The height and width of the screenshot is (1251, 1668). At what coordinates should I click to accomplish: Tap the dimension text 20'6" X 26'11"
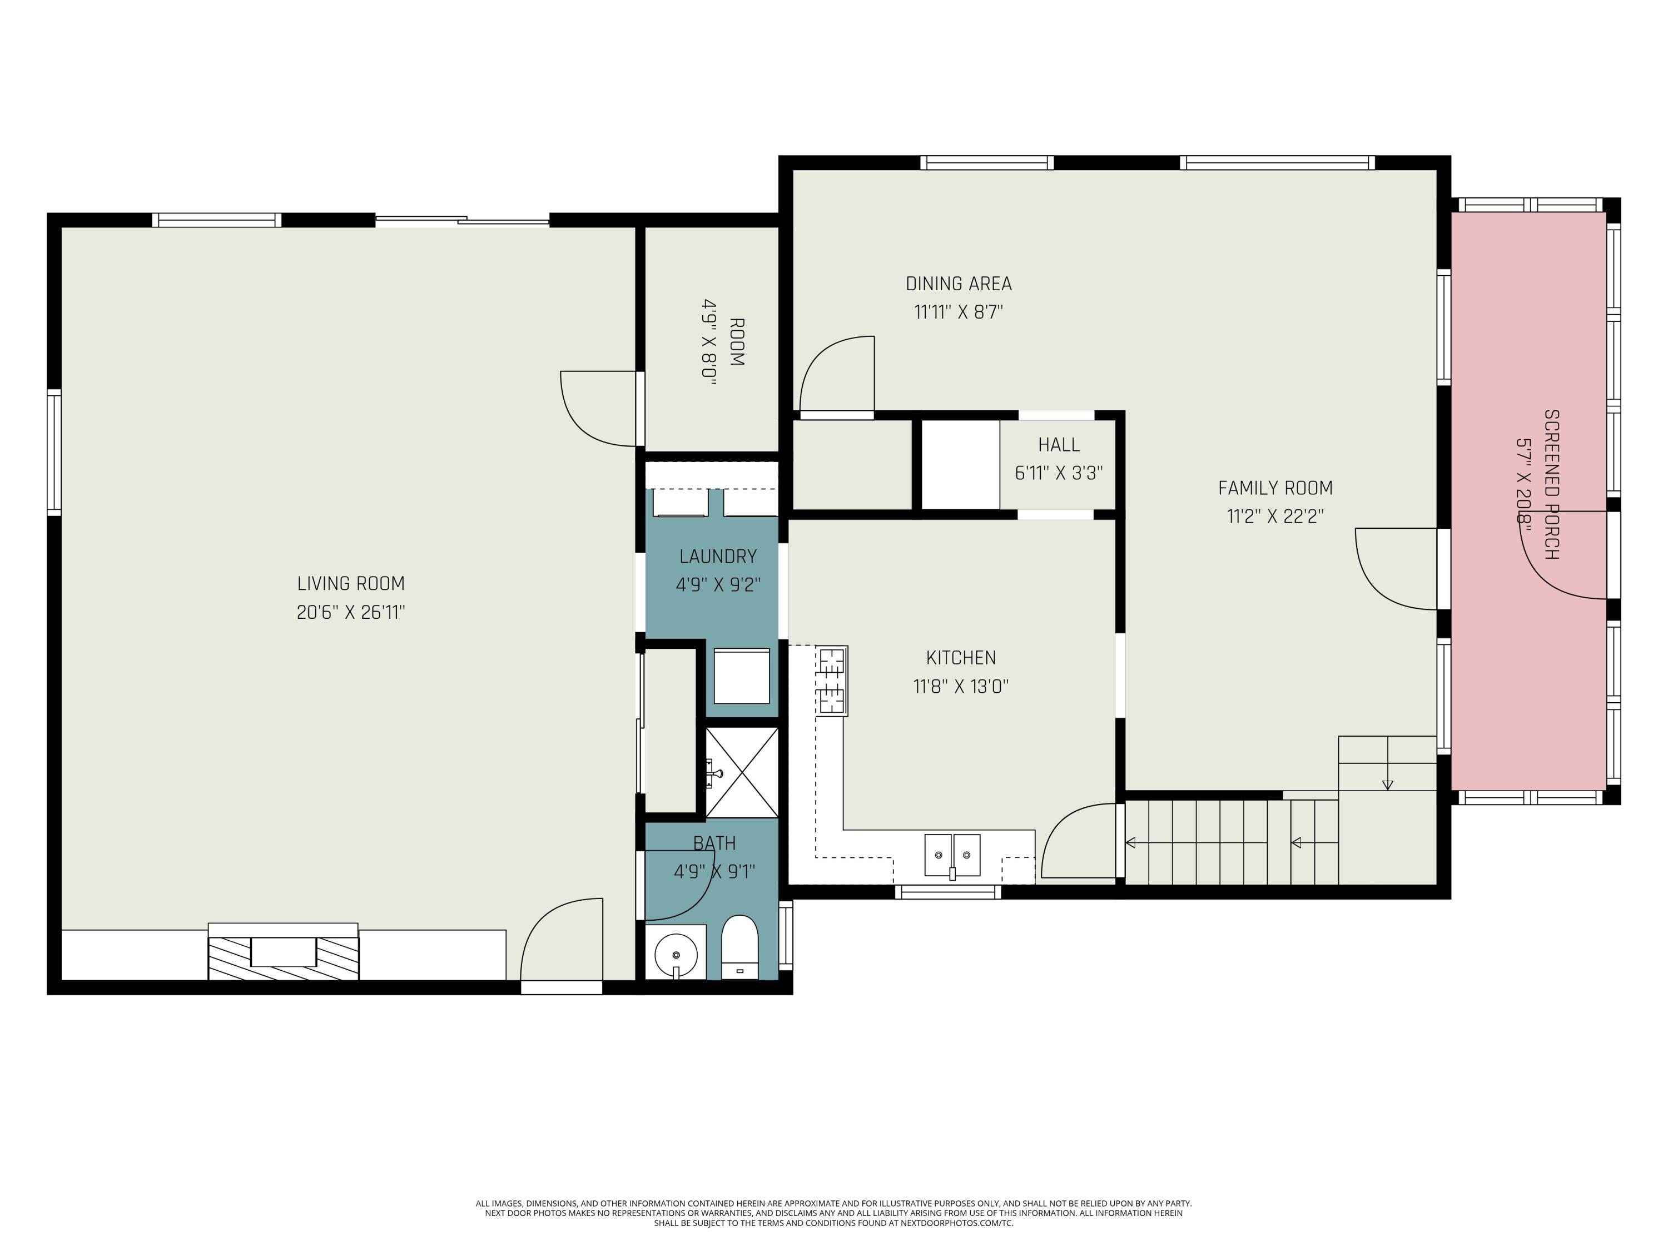(351, 612)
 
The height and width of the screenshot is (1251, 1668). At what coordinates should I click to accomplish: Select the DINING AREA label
(959, 284)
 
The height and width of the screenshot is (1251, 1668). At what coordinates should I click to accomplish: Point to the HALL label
(1059, 445)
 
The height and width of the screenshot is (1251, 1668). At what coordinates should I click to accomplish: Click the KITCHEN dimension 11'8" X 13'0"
(961, 686)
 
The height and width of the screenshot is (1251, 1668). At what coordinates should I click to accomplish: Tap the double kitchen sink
(952, 855)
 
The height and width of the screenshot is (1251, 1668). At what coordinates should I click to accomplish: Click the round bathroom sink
(676, 952)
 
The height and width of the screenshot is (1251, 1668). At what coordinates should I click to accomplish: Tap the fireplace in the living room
(283, 952)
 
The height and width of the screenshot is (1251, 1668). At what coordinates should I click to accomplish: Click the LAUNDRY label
(718, 557)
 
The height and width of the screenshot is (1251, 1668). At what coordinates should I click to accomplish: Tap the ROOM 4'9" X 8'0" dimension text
(709, 342)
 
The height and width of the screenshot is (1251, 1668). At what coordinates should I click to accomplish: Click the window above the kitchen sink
(948, 892)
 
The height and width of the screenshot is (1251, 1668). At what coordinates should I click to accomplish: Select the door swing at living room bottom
(562, 939)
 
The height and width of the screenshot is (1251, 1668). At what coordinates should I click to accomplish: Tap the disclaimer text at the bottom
(833, 1213)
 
